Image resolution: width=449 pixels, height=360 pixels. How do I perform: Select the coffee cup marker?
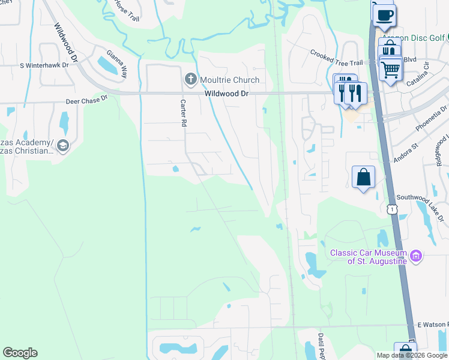[384, 14]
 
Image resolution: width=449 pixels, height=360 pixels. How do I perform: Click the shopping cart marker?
[391, 69]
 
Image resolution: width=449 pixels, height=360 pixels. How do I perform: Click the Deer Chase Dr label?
[87, 100]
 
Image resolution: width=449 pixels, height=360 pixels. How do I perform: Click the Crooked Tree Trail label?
[337, 58]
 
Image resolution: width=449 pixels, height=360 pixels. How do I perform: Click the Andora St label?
[406, 153]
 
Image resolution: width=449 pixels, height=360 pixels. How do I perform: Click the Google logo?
[20, 353]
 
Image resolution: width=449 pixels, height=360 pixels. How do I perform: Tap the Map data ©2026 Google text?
[411, 355]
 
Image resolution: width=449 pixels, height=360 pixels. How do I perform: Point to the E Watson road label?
[432, 325]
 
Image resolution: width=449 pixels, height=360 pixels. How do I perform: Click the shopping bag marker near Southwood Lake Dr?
[363, 177]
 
